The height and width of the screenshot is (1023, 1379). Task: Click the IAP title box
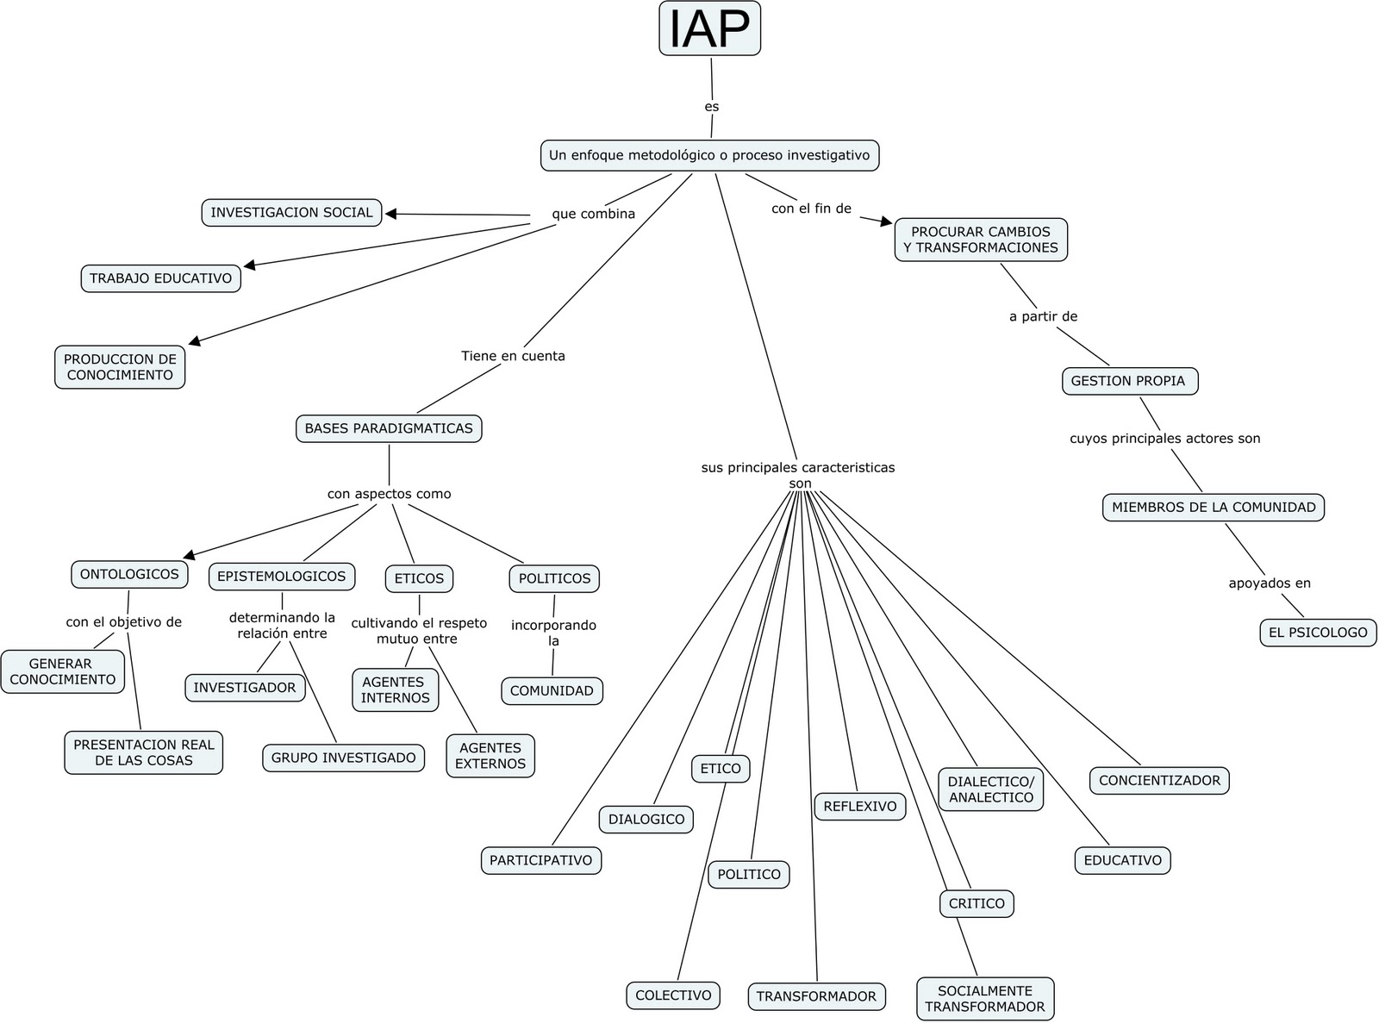pyautogui.click(x=709, y=28)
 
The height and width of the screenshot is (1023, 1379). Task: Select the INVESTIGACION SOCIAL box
pyautogui.click(x=291, y=213)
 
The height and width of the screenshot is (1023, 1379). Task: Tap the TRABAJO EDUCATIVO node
pyautogui.click(x=160, y=278)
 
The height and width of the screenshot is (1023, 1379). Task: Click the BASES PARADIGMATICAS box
pyautogui.click(x=388, y=428)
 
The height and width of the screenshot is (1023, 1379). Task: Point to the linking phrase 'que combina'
pyautogui.click(x=593, y=214)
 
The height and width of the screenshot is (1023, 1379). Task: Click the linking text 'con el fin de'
pyautogui.click(x=811, y=209)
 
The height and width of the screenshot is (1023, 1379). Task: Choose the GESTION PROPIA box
pyautogui.click(x=1128, y=381)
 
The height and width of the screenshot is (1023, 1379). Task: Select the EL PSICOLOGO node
pyautogui.click(x=1318, y=632)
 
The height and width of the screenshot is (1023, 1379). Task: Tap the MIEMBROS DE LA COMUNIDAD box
pyautogui.click(x=1213, y=508)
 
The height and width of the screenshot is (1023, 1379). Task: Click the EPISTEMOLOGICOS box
pyautogui.click(x=281, y=577)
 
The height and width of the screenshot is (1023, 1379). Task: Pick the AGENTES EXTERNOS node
pyautogui.click(x=490, y=756)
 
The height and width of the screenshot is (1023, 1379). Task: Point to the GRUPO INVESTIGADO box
pyautogui.click(x=343, y=758)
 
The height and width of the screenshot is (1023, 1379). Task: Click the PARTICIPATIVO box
pyautogui.click(x=540, y=860)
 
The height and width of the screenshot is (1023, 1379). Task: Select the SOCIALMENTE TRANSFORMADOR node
pyautogui.click(x=984, y=999)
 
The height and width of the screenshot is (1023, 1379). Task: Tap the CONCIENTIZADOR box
pyautogui.click(x=1159, y=781)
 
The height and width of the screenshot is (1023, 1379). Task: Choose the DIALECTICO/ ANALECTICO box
pyautogui.click(x=990, y=789)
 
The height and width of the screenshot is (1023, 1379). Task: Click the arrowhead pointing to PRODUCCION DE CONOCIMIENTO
pyautogui.click(x=195, y=342)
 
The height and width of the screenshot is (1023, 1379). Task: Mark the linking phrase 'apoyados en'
pyautogui.click(x=1269, y=583)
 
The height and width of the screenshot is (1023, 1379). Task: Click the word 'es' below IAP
pyautogui.click(x=711, y=107)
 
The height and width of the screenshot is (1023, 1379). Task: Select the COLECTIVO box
pyautogui.click(x=673, y=995)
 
